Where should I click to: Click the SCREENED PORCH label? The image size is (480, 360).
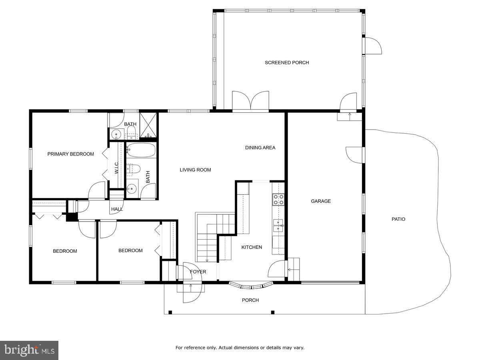click(286, 62)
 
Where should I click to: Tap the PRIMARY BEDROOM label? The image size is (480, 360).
click(71, 154)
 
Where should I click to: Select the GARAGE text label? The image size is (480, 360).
click(321, 201)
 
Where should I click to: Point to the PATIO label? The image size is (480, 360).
click(398, 219)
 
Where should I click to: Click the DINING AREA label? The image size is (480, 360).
click(260, 148)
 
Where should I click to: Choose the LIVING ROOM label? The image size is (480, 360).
click(195, 170)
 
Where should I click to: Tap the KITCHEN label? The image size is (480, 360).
click(252, 247)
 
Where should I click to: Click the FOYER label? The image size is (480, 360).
click(198, 272)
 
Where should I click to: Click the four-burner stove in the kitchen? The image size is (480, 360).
click(278, 199)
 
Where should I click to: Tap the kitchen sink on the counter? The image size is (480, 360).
click(278, 226)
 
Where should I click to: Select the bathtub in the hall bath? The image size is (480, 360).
click(141, 151)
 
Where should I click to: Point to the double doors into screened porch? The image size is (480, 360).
click(251, 101)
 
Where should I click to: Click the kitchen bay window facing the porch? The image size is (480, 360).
click(251, 286)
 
